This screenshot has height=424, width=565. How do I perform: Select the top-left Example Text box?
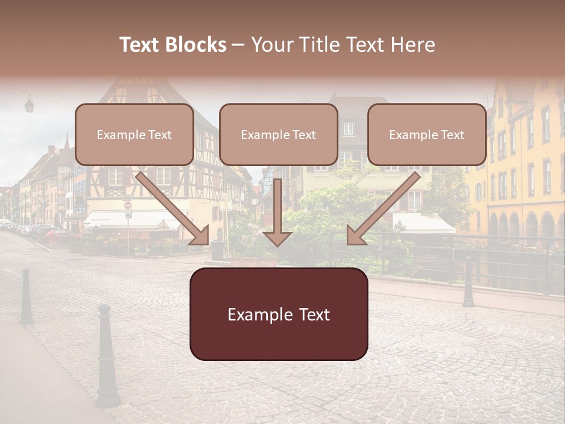pos(134,134)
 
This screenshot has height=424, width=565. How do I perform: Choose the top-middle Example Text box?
pos(278,134)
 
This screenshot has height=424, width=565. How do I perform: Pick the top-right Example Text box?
pos(427,134)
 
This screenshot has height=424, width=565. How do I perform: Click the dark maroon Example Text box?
pos(278,314)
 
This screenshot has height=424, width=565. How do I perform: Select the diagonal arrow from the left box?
pos(174,208)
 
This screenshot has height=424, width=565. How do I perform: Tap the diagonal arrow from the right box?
pos(383,208)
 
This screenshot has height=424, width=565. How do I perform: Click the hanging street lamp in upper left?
pos(29,105)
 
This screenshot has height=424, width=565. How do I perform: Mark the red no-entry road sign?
pos(128,206)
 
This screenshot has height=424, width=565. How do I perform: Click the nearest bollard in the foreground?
pos(106,356)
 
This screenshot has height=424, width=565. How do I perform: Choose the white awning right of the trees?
pos(423,223)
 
